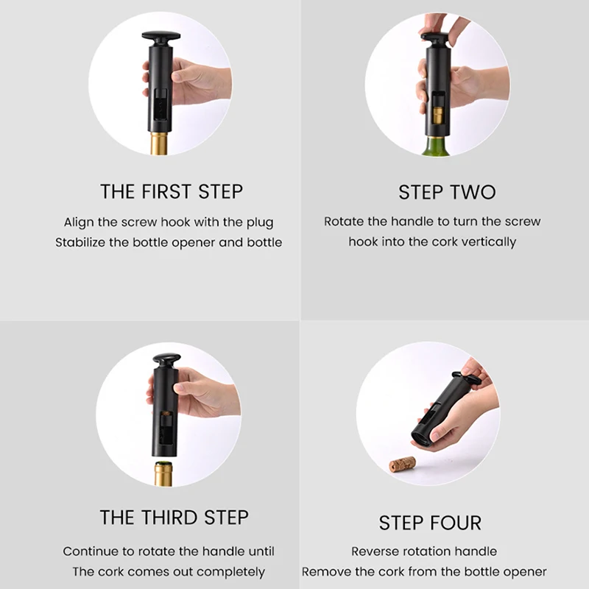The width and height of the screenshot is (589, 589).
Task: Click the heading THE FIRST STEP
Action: tap(171, 192)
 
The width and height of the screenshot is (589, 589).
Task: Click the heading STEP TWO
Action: tap(447, 192)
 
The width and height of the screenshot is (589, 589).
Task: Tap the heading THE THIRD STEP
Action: tap(174, 517)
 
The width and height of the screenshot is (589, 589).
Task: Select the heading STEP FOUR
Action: tap(430, 523)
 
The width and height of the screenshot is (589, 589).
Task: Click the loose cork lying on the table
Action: tap(403, 464)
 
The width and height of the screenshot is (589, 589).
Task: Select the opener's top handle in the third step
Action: tap(166, 361)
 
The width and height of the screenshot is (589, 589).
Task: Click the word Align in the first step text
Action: tap(78, 222)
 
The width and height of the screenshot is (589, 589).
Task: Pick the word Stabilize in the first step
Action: tap(82, 242)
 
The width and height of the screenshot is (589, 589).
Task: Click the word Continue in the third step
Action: tap(90, 551)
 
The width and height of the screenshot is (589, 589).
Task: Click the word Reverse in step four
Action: tap(376, 551)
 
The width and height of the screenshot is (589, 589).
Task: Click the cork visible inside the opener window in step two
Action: tap(437, 116)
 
